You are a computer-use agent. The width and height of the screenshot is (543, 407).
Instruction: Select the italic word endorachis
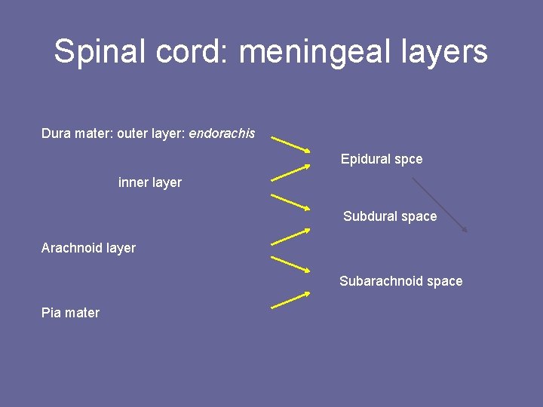[222, 133]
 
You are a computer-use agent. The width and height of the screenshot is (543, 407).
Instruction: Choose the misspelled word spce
[407, 159]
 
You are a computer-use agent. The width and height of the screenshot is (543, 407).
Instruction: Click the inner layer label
[150, 182]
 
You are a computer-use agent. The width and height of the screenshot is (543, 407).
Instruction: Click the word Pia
[51, 313]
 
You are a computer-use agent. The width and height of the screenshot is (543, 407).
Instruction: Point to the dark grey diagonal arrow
[440, 204]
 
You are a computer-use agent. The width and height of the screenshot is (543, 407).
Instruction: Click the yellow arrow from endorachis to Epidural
[290, 145]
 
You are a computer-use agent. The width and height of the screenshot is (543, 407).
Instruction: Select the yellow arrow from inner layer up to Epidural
[290, 173]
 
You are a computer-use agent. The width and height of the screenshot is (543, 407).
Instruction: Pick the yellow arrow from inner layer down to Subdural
[290, 201]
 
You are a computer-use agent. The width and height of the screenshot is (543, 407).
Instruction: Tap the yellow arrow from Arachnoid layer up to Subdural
[290, 236]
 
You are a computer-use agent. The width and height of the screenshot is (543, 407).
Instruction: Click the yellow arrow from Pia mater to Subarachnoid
[290, 300]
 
